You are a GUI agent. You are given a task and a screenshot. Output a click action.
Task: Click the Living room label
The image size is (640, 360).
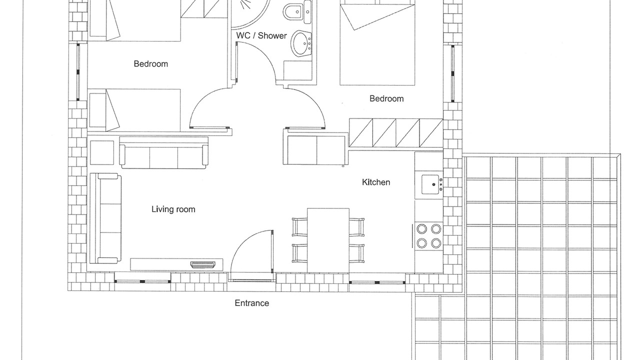click(173, 209)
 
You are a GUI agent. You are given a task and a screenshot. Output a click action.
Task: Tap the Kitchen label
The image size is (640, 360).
click(376, 182)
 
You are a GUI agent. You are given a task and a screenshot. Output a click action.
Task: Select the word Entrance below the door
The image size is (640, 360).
click(251, 303)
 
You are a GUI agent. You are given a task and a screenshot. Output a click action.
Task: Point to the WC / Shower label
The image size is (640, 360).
click(261, 35)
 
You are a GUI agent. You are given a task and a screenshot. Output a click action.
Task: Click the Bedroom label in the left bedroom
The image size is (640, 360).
click(151, 63)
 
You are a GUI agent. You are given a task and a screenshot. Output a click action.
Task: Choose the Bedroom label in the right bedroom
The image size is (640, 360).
click(386, 99)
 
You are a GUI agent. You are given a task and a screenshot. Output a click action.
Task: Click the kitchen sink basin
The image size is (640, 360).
click(430, 184)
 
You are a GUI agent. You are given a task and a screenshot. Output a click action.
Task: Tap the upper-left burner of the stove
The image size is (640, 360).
click(421, 229)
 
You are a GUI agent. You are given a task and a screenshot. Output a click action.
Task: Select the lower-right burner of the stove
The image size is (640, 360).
click(436, 243)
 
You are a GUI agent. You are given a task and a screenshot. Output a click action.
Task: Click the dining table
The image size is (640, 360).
click(328, 240)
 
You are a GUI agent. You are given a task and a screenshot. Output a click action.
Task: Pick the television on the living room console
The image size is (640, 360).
click(202, 265)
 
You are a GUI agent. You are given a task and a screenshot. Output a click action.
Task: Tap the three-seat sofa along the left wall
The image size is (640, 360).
click(105, 218)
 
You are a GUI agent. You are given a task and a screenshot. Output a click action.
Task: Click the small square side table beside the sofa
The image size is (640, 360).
click(102, 152)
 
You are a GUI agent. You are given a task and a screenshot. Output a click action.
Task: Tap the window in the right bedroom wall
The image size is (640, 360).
click(452, 73)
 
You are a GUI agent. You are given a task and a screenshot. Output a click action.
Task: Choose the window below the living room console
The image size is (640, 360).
click(142, 281)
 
